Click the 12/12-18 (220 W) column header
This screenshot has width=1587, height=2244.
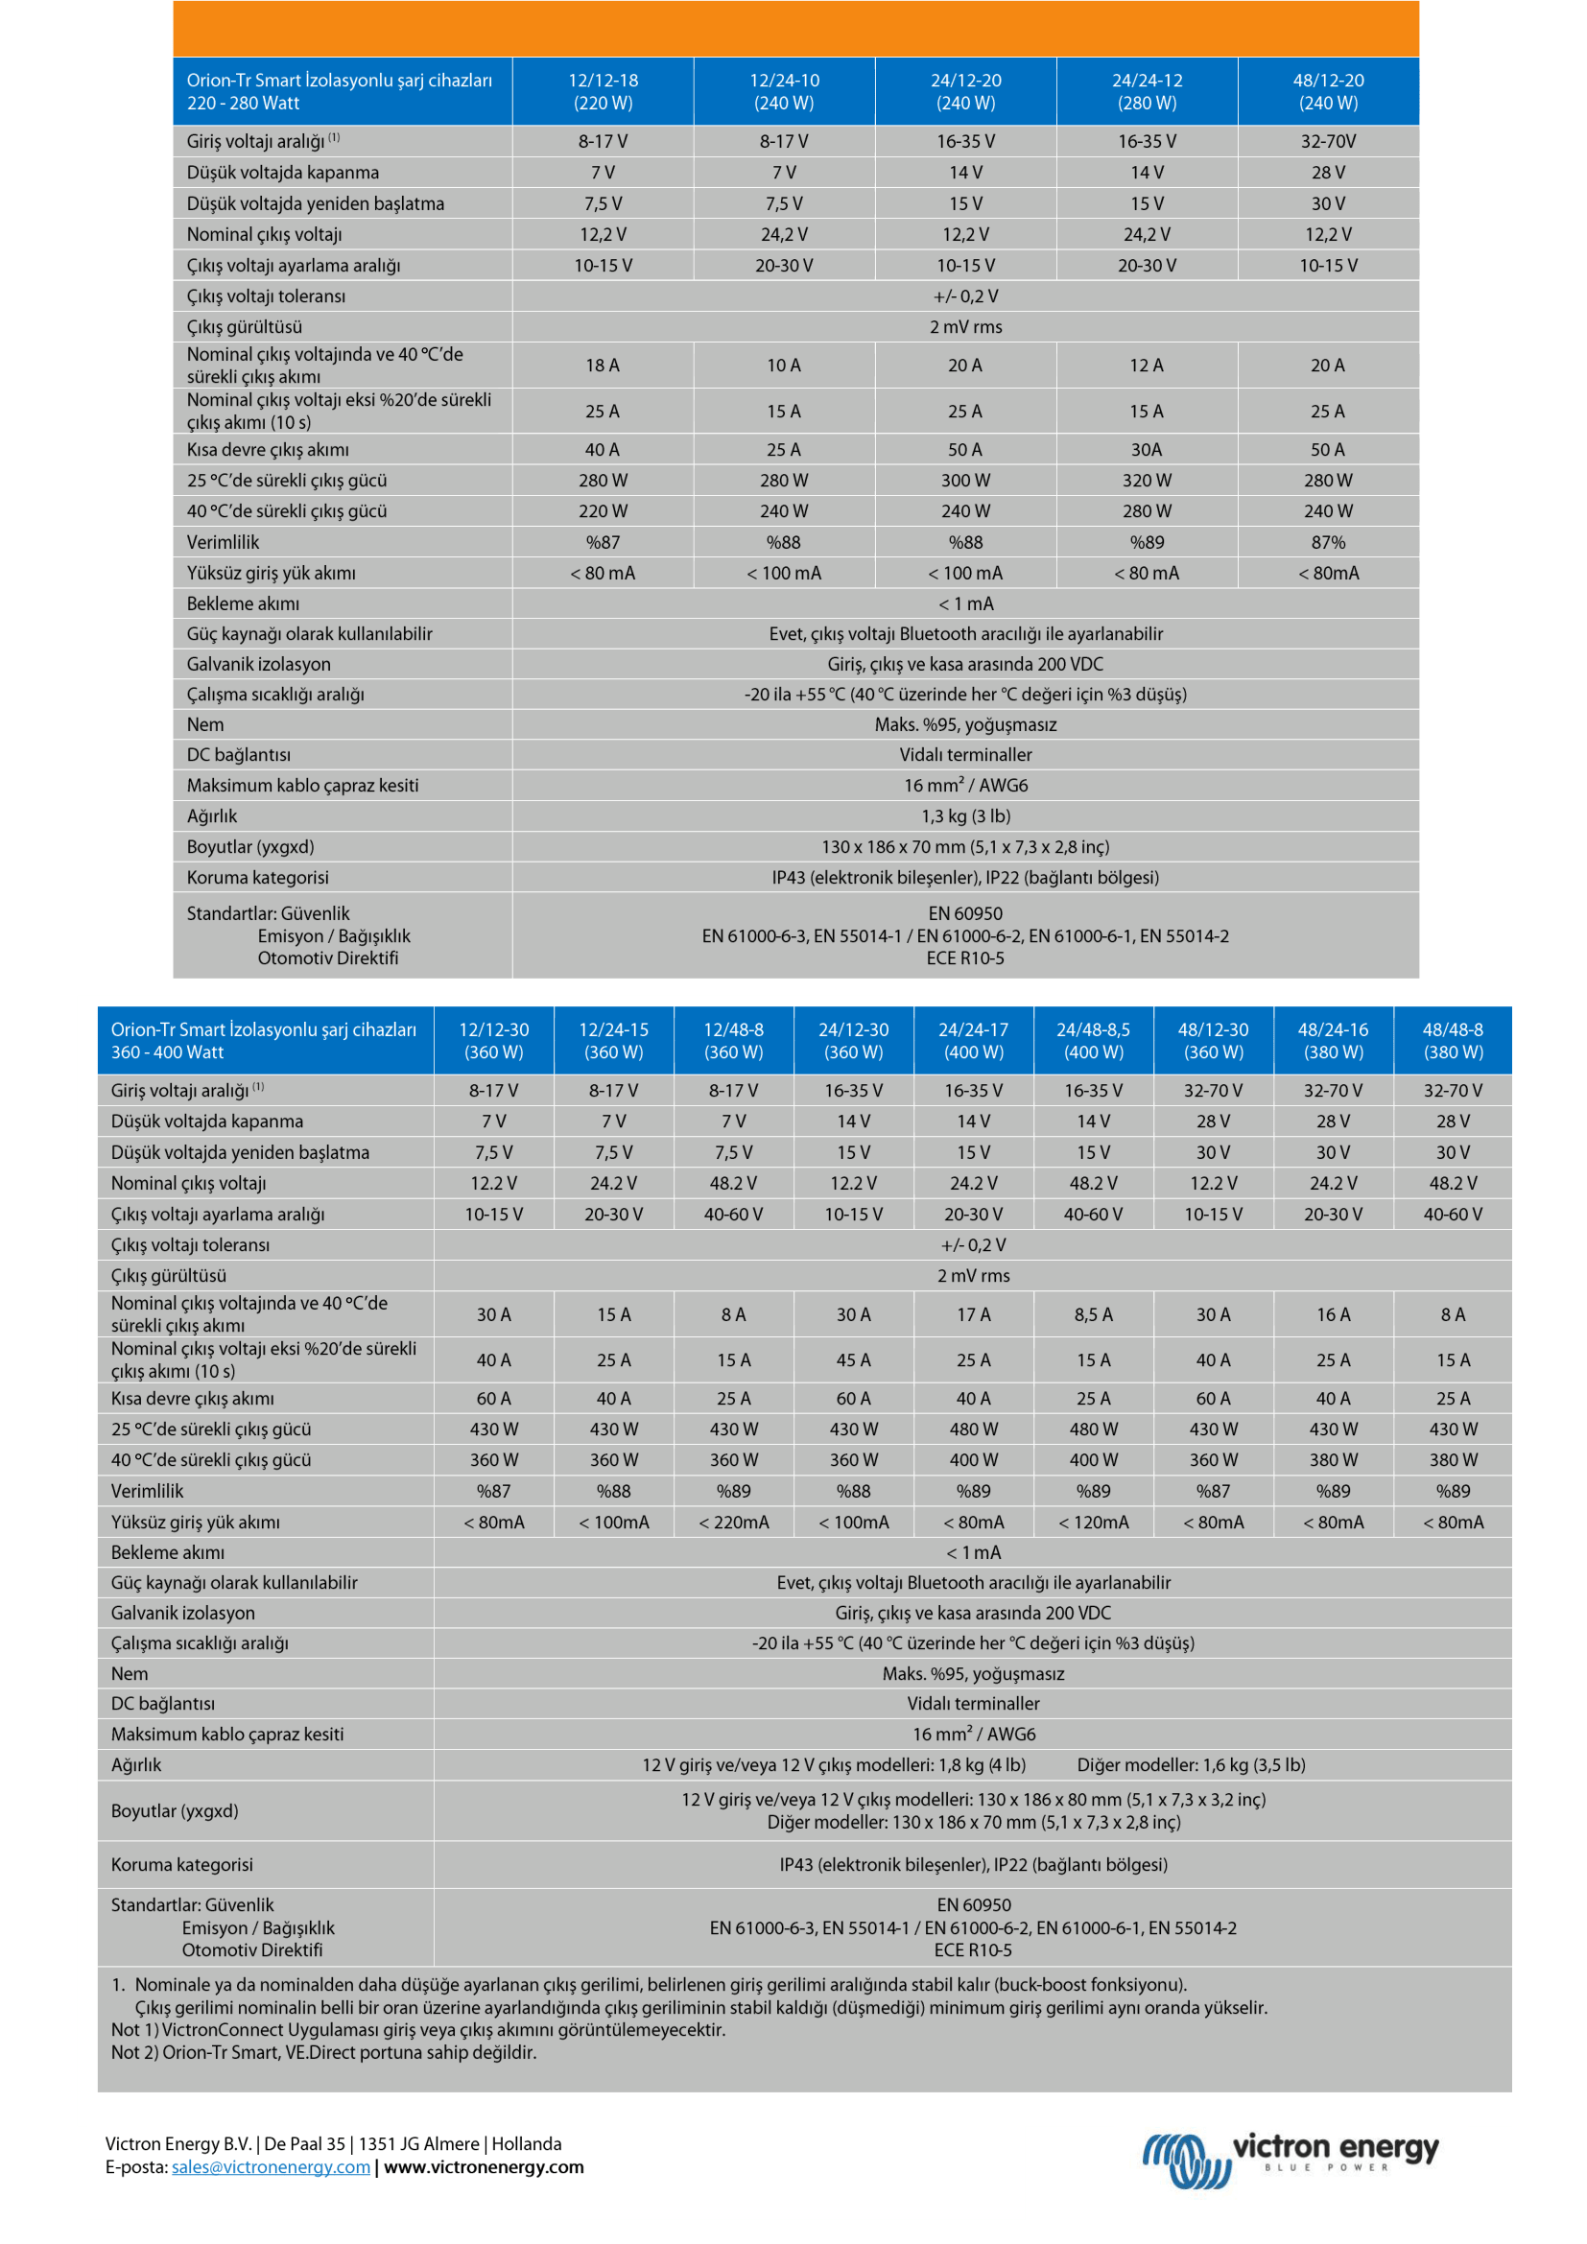[x=603, y=91]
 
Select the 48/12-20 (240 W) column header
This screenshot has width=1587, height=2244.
[x=1328, y=91]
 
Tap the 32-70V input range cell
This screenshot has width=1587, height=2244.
[x=1328, y=141]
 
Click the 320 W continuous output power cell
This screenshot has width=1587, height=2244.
[x=1147, y=480]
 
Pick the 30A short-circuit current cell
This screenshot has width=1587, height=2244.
[x=1147, y=450]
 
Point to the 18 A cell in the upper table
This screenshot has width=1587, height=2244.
[x=603, y=365]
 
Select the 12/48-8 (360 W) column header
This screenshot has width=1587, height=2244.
[x=733, y=1040]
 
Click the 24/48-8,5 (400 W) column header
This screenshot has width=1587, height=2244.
[x=1093, y=1040]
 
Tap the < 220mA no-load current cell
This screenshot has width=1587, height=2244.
[x=733, y=1522]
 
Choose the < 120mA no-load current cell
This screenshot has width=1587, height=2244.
[x=1093, y=1522]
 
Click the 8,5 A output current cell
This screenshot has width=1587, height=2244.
[x=1093, y=1314]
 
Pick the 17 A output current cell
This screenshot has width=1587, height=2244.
[x=973, y=1314]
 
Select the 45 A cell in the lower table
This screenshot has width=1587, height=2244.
[x=853, y=1359]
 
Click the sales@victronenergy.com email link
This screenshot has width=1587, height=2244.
[x=271, y=2167]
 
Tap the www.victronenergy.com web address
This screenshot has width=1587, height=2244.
[x=484, y=2167]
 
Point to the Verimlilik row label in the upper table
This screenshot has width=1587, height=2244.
[x=223, y=541]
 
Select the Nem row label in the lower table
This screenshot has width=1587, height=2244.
[x=129, y=1673]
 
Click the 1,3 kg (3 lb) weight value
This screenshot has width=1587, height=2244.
[x=965, y=815]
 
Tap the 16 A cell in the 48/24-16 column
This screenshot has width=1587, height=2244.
[x=1333, y=1314]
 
